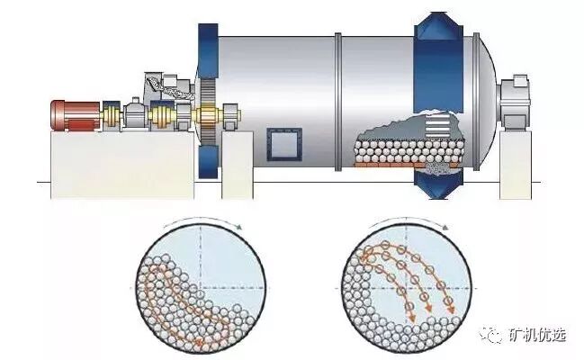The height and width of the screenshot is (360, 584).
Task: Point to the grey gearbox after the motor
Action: [135, 112]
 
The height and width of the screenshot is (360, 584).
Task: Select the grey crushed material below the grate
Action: [439, 165]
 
